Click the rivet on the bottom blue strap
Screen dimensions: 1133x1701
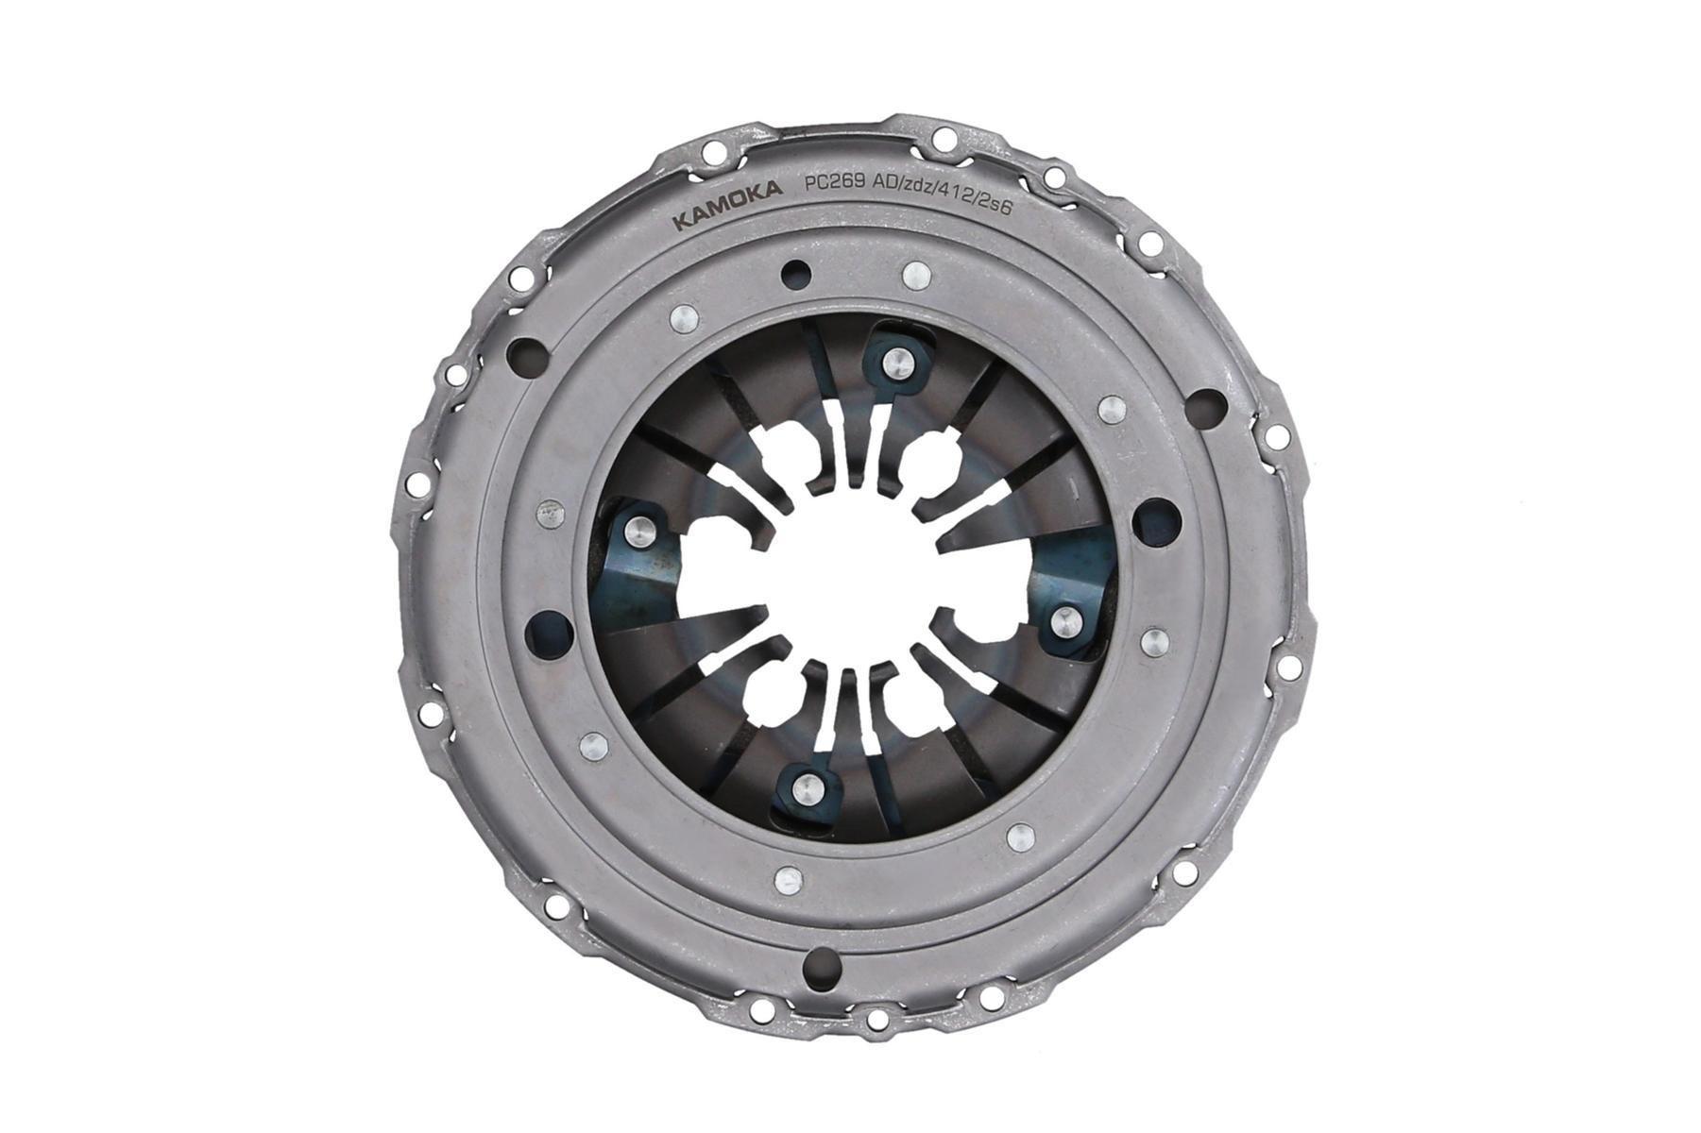coord(805,786)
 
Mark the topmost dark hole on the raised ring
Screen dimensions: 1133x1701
coord(797,274)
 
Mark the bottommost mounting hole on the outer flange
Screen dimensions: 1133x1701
coord(877,1020)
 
